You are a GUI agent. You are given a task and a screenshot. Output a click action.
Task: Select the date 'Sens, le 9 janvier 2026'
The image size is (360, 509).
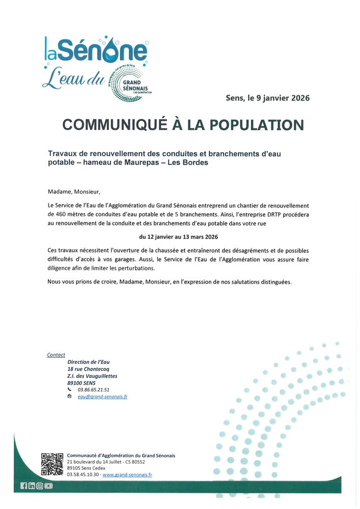267,98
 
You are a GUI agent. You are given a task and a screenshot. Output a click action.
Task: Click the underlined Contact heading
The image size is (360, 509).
56,355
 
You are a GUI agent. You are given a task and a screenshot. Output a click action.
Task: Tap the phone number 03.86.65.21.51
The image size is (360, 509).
94,389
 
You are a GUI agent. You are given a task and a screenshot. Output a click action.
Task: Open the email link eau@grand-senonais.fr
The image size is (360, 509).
102,397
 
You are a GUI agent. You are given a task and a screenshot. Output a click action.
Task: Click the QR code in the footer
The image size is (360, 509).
52,464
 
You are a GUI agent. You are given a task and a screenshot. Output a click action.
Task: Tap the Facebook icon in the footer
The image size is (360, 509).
24,486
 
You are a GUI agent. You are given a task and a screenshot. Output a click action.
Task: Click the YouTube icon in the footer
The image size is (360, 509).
48,486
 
